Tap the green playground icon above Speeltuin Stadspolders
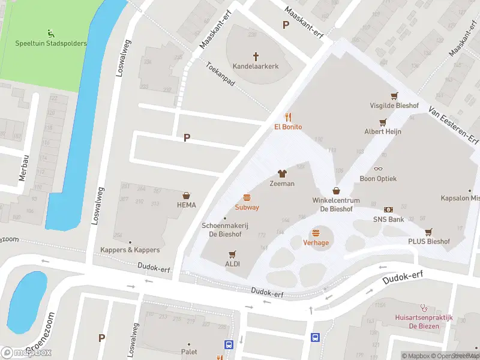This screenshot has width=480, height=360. [50, 34]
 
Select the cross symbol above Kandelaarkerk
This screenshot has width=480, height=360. [256, 56]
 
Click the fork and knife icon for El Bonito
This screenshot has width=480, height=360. [288, 117]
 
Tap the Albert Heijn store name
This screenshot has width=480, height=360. [383, 131]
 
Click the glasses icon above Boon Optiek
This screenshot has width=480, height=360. [378, 169]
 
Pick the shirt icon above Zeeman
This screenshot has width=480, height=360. [282, 174]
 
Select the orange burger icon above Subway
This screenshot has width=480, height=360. [247, 197]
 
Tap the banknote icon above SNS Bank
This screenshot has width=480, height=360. [389, 210]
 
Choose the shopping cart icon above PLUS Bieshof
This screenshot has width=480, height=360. [428, 232]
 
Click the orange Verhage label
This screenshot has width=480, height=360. [316, 242]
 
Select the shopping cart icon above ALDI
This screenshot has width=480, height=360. [232, 254]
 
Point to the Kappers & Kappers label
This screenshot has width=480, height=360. [130, 250]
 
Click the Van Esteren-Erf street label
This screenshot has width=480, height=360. [453, 127]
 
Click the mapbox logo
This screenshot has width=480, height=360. [26, 353]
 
